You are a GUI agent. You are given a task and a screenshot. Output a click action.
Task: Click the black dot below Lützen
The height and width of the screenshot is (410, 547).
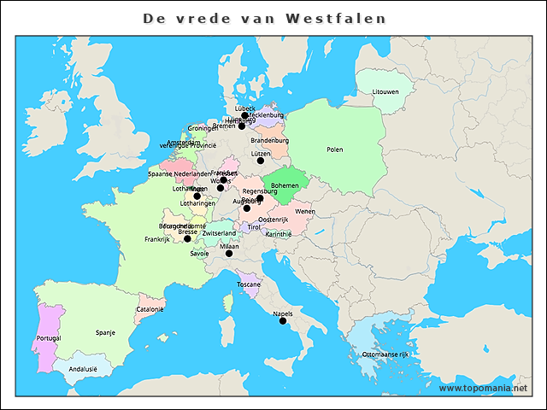[x=261, y=161]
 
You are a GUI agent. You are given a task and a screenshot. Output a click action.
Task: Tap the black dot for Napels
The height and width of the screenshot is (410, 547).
[x=283, y=321]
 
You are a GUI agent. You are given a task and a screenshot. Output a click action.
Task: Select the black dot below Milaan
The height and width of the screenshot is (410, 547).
[x=229, y=254]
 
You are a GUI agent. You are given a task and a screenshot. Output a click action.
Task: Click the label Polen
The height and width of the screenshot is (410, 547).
[x=334, y=149]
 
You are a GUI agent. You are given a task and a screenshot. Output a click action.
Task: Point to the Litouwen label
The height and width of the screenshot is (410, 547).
[x=385, y=91]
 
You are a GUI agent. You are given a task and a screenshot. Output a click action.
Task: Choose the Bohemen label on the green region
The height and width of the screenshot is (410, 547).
[x=285, y=184]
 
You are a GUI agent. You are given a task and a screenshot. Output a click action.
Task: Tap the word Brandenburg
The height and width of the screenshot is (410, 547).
[x=269, y=140]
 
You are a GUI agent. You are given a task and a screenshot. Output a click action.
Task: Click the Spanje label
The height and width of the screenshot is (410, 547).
[x=106, y=333]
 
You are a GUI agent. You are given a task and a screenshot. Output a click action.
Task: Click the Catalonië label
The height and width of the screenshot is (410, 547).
[x=150, y=309]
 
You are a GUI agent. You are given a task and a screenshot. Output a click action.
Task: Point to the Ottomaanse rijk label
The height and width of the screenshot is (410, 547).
[x=386, y=354]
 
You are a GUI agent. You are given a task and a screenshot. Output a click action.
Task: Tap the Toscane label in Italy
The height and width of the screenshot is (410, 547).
[x=249, y=284]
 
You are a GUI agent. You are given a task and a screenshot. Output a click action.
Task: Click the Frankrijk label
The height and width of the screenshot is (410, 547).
[x=158, y=240]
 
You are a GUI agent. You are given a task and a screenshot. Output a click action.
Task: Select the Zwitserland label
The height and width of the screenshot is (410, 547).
[x=219, y=233]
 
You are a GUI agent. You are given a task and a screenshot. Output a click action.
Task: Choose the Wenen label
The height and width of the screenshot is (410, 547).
[x=304, y=211]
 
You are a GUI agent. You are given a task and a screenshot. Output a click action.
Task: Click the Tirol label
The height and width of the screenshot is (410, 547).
[x=254, y=227]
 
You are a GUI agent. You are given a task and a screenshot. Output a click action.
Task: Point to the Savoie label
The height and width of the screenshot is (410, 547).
[x=199, y=254]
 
